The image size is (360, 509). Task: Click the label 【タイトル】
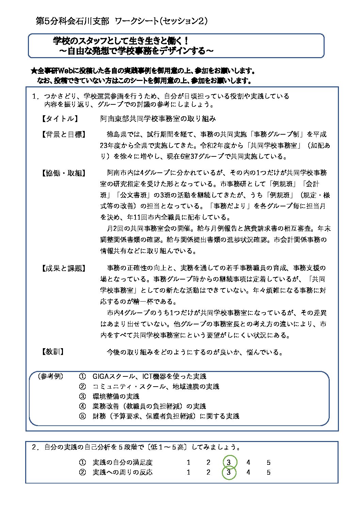click(x=60, y=119)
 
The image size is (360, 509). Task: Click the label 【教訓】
click(x=53, y=352)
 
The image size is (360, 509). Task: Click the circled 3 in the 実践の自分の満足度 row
click(x=229, y=462)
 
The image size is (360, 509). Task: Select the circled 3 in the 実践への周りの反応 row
click(x=229, y=472)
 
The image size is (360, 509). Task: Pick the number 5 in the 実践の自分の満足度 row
click(x=268, y=462)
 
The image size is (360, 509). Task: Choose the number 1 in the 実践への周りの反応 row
click(x=189, y=472)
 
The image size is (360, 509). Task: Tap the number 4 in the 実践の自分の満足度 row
click(x=248, y=462)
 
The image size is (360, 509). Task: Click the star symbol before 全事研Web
click(x=34, y=71)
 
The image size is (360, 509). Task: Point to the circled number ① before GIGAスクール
click(x=82, y=376)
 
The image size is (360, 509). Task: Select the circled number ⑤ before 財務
click(x=82, y=416)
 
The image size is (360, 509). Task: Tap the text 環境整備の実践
click(x=116, y=396)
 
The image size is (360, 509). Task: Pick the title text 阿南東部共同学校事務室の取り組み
click(x=158, y=119)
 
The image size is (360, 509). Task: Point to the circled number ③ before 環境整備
click(x=82, y=396)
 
